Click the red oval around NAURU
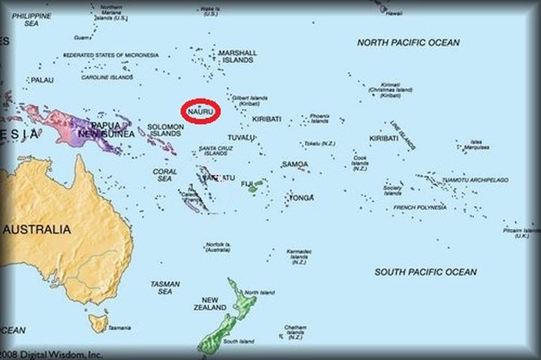[201, 110]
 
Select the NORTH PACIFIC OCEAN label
[408, 43]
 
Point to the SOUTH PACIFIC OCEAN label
[425, 271]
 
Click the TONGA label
[301, 198]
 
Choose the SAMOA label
[295, 164]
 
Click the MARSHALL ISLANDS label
[237, 56]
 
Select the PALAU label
[42, 80]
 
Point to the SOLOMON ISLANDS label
[165, 129]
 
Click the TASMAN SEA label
[165, 288]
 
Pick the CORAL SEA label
[165, 175]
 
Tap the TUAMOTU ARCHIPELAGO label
[474, 180]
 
